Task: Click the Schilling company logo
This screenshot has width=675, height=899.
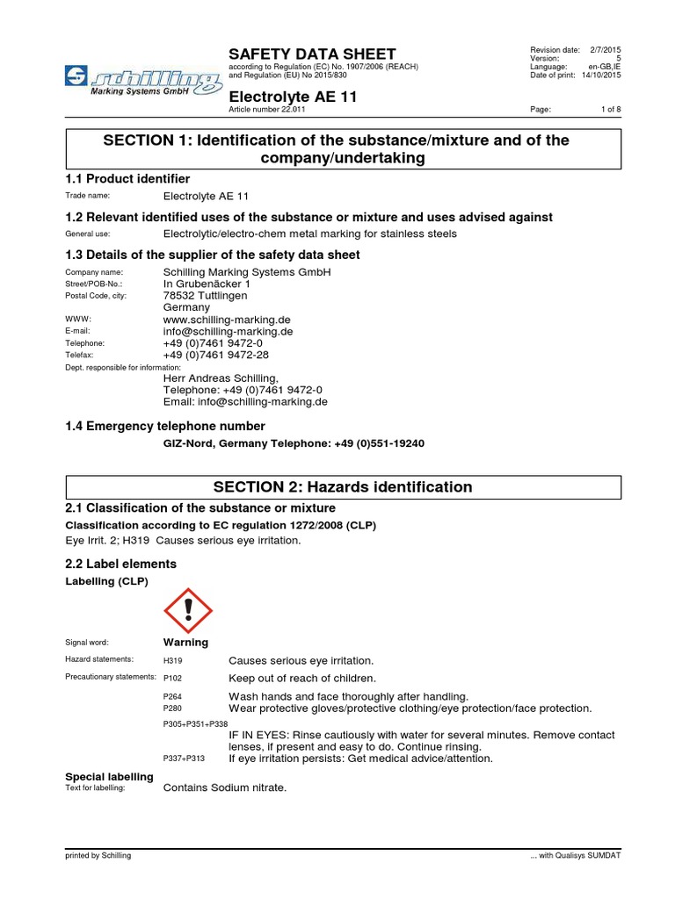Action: [142, 81]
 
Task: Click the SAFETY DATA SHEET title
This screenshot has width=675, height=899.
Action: [312, 54]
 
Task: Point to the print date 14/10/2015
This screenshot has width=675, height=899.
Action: [601, 76]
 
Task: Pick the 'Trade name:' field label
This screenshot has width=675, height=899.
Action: [88, 196]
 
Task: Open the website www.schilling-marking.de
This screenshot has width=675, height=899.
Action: [227, 320]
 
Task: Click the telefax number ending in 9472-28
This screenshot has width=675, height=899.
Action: [216, 355]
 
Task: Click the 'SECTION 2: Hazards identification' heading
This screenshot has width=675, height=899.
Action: [344, 487]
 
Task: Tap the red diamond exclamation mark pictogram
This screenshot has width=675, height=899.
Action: [188, 610]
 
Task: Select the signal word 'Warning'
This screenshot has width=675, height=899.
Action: [185, 643]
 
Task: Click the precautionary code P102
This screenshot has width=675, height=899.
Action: [173, 679]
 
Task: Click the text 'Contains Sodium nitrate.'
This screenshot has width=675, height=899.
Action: [225, 788]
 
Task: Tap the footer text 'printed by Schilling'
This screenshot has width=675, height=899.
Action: [98, 855]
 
